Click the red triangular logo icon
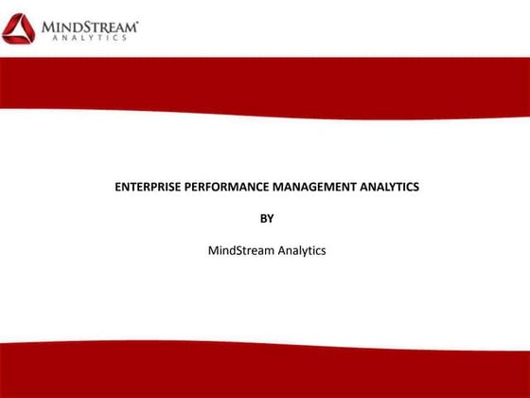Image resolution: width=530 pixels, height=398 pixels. [20, 28]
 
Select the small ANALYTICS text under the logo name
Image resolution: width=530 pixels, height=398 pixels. [91, 39]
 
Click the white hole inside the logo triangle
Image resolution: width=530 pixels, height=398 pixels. [20, 31]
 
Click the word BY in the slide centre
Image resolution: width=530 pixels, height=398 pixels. [266, 219]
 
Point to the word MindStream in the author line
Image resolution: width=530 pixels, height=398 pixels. [236, 251]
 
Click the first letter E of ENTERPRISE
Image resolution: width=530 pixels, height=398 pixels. [117, 188]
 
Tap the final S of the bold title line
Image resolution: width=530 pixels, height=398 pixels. [415, 188]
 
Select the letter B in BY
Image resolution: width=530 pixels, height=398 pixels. [262, 219]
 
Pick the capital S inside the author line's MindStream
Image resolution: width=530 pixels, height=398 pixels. [236, 251]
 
